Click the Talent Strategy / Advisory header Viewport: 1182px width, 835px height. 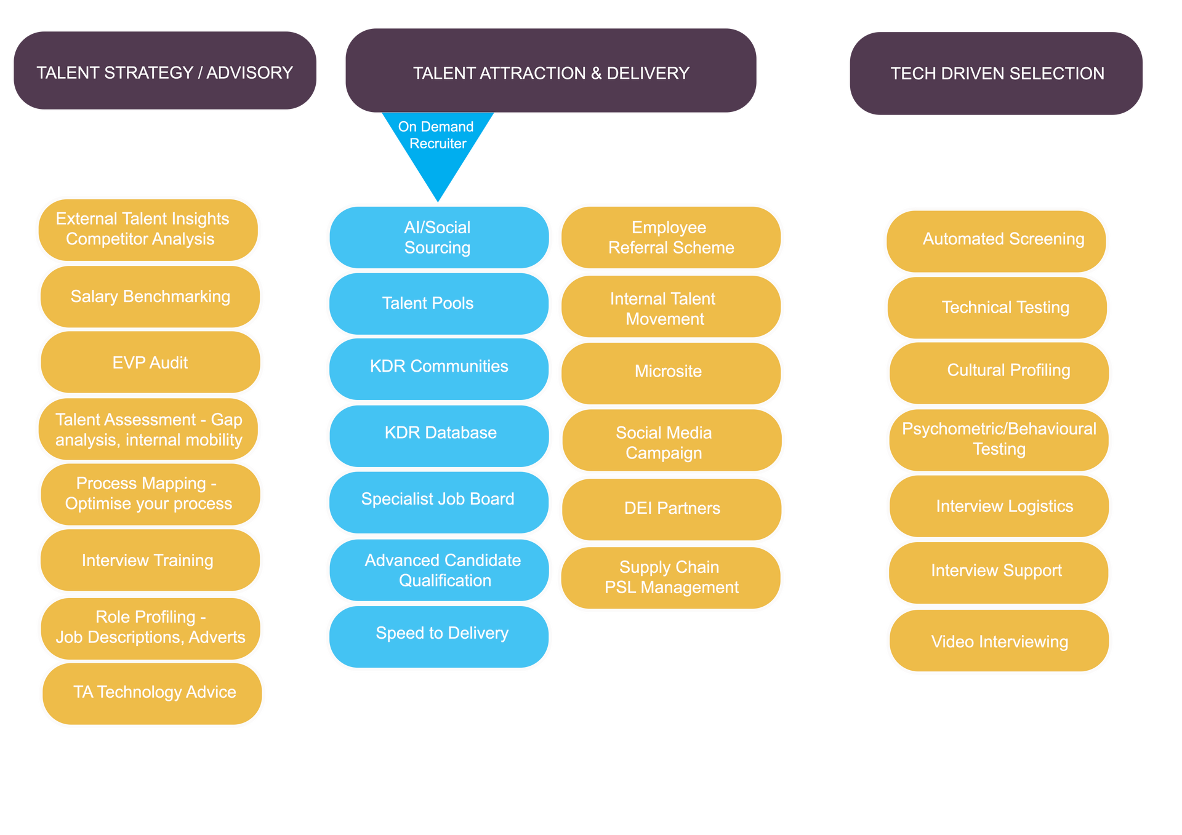pyautogui.click(x=165, y=71)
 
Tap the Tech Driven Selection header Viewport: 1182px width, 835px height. pyautogui.click(x=996, y=74)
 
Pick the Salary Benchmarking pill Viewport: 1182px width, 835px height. pyautogui.click(x=150, y=297)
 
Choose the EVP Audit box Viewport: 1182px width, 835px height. pyautogui.click(x=150, y=362)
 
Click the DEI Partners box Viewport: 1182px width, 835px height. pyautogui.click(x=672, y=509)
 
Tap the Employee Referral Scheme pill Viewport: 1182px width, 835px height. pyautogui.click(x=670, y=238)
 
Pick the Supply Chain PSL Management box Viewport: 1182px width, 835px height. pyautogui.click(x=670, y=578)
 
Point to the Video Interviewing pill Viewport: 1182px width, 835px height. pyautogui.click(x=999, y=642)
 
